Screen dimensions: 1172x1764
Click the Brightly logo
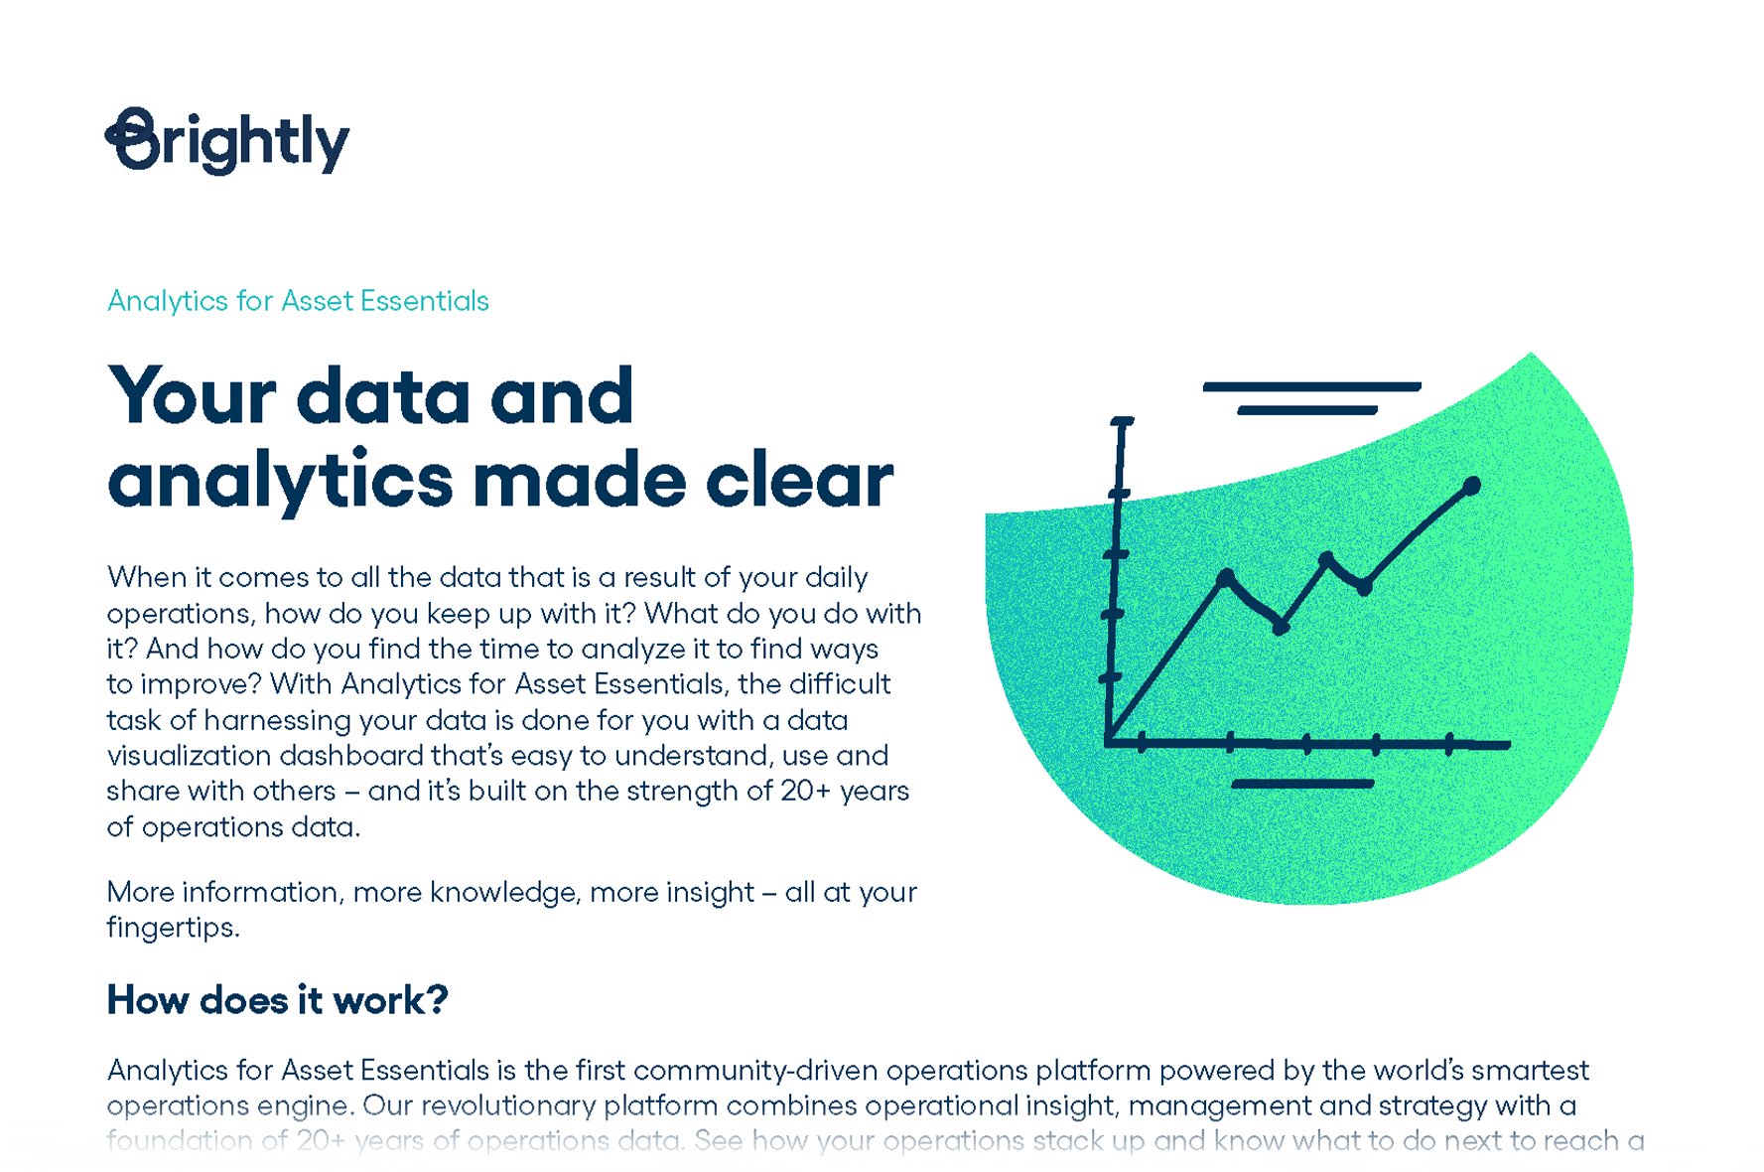click(227, 141)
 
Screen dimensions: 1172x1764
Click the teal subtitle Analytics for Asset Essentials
click(298, 301)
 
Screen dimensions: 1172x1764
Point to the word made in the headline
click(579, 481)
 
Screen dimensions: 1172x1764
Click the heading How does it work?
click(277, 1000)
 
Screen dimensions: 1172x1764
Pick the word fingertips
click(172, 928)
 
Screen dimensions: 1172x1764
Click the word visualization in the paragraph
click(189, 756)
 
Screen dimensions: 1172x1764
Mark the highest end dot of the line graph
click(1472, 486)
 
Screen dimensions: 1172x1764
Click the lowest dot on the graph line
click(1281, 628)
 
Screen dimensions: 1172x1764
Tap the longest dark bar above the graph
click(1311, 386)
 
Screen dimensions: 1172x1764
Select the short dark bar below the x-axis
click(1302, 784)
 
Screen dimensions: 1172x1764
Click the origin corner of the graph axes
click(1109, 741)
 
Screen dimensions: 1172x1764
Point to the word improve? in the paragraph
click(201, 684)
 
